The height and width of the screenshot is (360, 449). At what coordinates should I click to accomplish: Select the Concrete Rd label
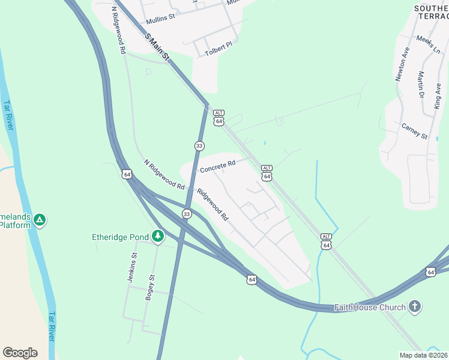[x=217, y=166]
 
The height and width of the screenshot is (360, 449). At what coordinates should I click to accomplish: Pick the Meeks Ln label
[x=428, y=46]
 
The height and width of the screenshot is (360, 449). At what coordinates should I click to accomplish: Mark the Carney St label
[x=414, y=131]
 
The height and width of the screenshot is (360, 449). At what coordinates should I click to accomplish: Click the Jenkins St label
[x=132, y=268]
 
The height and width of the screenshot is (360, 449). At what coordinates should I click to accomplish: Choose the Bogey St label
[x=151, y=287]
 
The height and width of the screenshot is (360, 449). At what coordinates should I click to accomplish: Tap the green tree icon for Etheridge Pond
[x=158, y=236]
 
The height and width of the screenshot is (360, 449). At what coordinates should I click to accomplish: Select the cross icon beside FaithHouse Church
[x=414, y=307]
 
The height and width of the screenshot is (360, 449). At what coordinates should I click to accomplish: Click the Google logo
[x=20, y=353]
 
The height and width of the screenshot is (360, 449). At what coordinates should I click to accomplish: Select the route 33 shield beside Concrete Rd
[x=199, y=146]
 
